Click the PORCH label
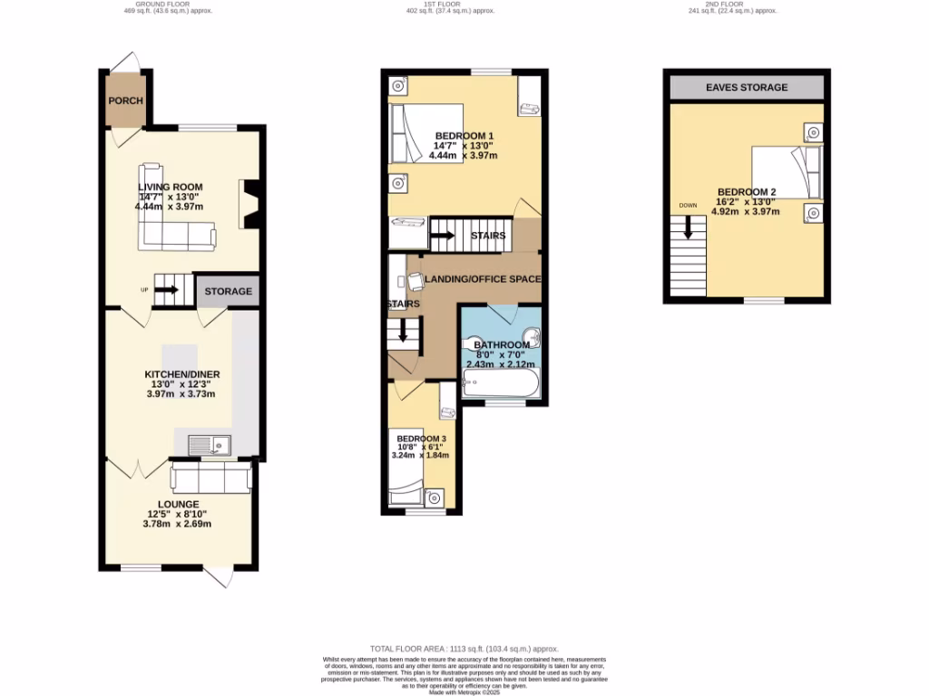coord(125,101)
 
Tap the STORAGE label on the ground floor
coord(228,291)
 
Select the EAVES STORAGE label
coord(747,87)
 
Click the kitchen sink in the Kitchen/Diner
coord(210,445)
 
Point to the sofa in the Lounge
coord(210,478)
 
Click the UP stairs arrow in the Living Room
coord(167,291)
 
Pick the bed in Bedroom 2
coord(787,172)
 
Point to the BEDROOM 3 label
coord(421,439)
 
